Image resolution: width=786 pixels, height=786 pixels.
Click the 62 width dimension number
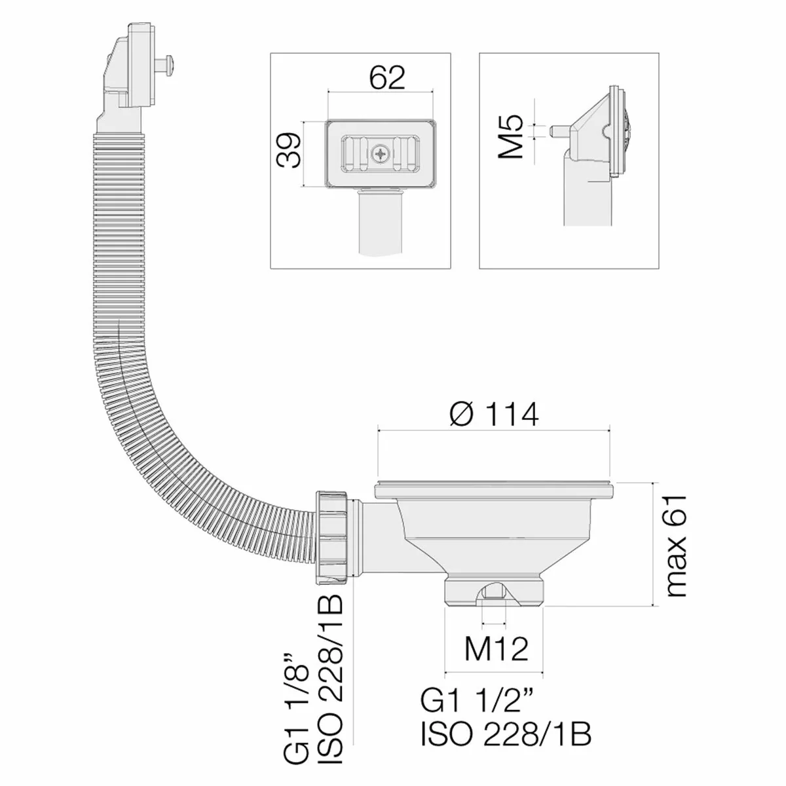pyautogui.click(x=387, y=77)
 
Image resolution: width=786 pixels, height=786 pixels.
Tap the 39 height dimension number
pyautogui.click(x=288, y=150)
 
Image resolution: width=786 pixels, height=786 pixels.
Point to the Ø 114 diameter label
pyautogui.click(x=495, y=413)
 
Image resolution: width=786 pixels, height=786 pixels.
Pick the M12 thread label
pyautogui.click(x=496, y=648)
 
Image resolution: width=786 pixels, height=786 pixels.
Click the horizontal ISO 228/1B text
pyautogui.click(x=506, y=734)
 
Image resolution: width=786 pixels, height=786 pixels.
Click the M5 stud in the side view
pyautogui.click(x=558, y=132)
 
